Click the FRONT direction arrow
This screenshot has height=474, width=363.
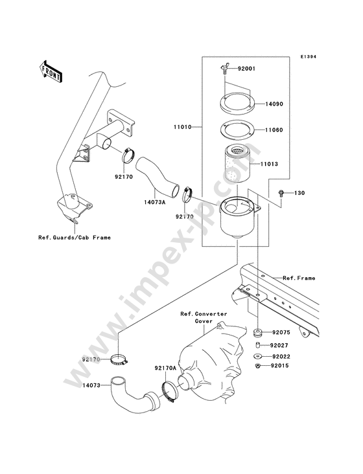(x=51, y=71)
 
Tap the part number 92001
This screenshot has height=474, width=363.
(x=246, y=69)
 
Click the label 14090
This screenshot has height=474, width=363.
(x=274, y=104)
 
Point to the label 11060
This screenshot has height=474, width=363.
(x=274, y=130)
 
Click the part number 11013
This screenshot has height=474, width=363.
(x=269, y=164)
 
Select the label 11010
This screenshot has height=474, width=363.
(x=182, y=127)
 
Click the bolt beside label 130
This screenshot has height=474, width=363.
(x=281, y=193)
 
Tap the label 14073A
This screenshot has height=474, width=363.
(x=154, y=202)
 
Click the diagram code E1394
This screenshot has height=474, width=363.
(x=308, y=56)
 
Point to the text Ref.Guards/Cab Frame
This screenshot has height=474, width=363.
(x=75, y=238)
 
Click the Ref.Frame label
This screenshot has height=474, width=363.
(x=299, y=278)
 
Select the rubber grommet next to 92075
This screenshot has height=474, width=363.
(x=258, y=333)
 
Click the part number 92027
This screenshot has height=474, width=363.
(x=279, y=345)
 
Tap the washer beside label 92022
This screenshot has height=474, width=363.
(x=258, y=356)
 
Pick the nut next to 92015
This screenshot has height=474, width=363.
(x=258, y=366)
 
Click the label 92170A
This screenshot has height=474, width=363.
(x=165, y=368)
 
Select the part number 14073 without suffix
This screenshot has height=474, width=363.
(x=91, y=385)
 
